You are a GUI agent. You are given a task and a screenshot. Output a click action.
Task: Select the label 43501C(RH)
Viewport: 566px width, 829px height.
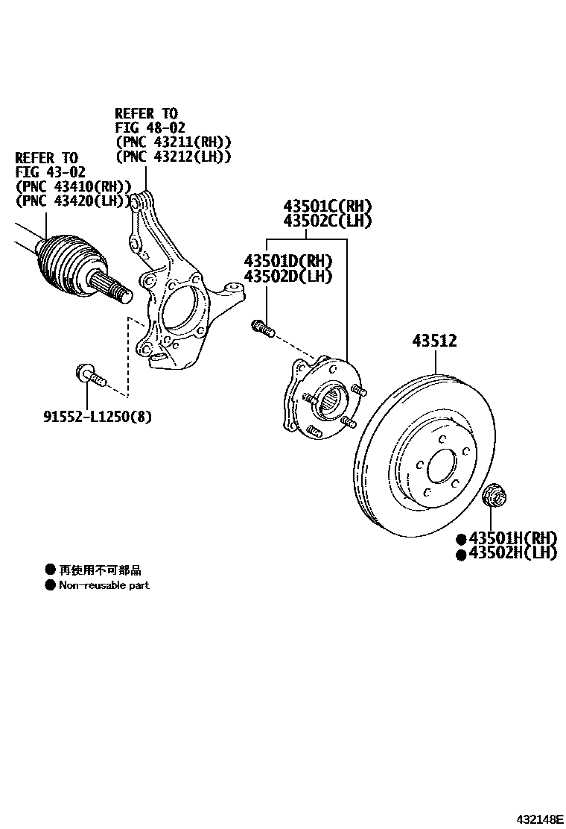coord(326,207)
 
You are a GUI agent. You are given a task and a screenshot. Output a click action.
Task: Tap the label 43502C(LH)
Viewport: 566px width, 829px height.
coord(326,221)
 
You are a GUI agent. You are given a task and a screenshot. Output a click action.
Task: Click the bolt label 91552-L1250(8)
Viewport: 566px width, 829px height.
coord(97,417)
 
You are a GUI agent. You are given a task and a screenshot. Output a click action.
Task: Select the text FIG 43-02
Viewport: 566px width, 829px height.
coord(46,172)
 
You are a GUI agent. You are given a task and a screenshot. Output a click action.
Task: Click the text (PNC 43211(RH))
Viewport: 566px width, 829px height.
coord(173,142)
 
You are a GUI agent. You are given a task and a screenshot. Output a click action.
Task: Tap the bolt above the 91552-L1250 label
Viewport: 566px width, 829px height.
coord(88,375)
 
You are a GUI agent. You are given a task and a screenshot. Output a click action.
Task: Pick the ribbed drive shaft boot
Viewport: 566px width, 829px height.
coord(67,265)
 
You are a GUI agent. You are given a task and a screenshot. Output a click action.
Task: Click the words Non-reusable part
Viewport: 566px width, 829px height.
coord(104,585)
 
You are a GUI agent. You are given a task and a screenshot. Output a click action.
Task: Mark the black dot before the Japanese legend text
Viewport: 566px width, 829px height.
coord(51,570)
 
